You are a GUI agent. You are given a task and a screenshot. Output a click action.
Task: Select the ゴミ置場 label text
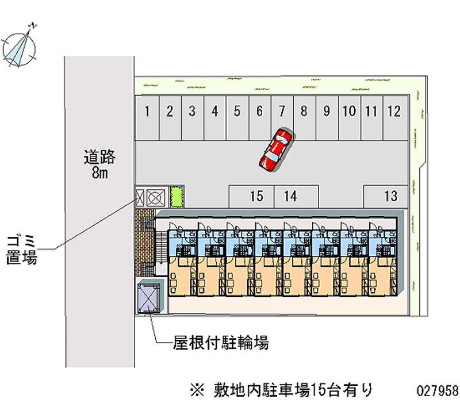(22, 249)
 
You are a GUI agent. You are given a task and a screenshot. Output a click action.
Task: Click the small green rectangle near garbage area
(177, 197)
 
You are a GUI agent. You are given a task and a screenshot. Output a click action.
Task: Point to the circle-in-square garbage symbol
(156, 197)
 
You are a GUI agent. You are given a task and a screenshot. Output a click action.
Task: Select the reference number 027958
(437, 391)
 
